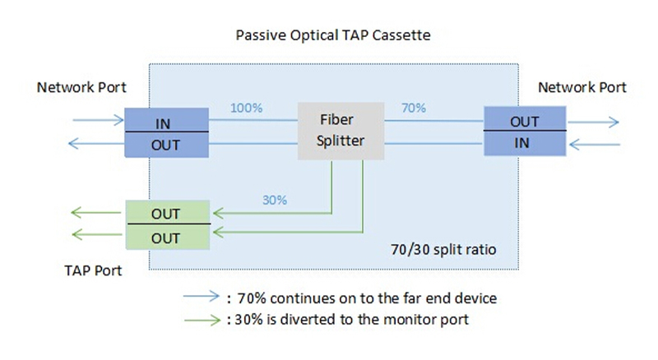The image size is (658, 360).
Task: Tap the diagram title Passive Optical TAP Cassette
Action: click(x=332, y=36)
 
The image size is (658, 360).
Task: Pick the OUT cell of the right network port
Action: click(x=524, y=122)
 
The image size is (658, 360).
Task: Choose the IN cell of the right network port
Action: click(x=524, y=144)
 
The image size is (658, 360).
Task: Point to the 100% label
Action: click(x=246, y=108)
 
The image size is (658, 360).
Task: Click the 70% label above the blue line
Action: click(x=413, y=108)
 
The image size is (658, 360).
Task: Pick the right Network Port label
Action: click(x=582, y=87)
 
